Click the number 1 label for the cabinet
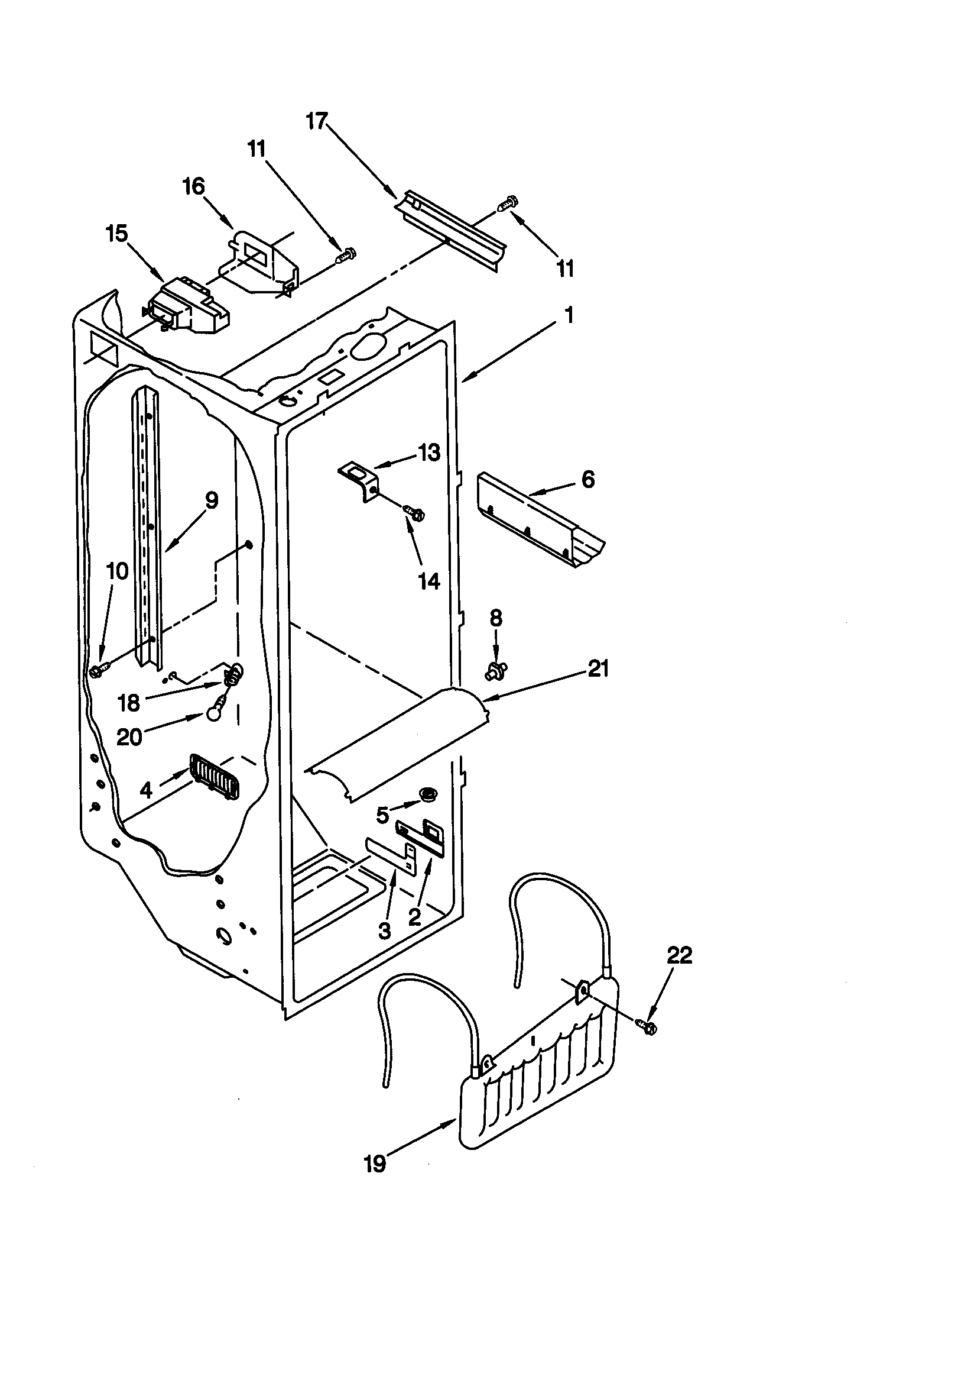point(569,315)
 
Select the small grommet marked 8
point(495,668)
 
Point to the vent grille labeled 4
point(215,778)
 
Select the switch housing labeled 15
point(187,310)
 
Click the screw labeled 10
point(98,670)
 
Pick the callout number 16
point(194,186)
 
